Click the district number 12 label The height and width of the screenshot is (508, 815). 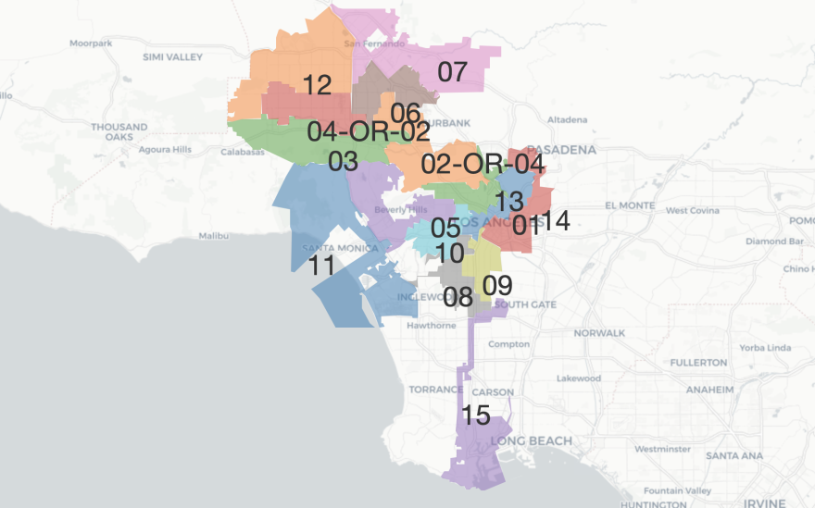(317, 86)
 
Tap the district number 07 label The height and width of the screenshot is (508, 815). (452, 72)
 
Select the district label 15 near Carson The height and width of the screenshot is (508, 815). (475, 415)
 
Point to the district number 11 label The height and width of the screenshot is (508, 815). (322, 266)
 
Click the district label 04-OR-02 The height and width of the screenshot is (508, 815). (369, 132)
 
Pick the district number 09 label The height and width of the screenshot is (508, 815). (497, 286)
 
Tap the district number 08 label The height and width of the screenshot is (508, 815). (458, 297)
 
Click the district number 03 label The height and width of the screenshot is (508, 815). (343, 161)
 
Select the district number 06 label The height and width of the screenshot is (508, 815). (406, 113)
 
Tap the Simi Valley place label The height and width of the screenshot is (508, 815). (172, 56)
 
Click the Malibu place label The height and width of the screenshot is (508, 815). (214, 236)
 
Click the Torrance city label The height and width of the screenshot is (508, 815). (435, 390)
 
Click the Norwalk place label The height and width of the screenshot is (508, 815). (599, 332)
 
